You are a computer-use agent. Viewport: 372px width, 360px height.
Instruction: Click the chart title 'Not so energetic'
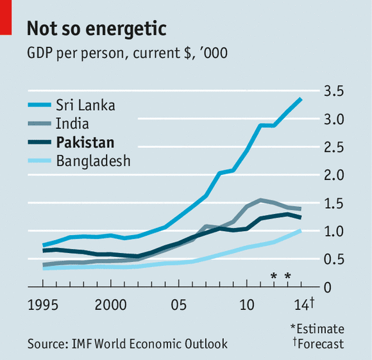coord(97,29)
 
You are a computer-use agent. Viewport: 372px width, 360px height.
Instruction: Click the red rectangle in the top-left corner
coord(6,17)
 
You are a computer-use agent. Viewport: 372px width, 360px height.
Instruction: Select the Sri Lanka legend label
coord(85,105)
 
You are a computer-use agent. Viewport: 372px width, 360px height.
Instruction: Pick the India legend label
coord(72,124)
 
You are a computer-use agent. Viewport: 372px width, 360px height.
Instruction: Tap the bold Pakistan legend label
coord(85,142)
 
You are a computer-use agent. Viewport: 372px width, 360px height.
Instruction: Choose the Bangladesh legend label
coord(93,161)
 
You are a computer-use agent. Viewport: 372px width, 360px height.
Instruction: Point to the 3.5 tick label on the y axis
coord(334,91)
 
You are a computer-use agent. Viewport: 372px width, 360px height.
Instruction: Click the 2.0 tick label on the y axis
coord(334,175)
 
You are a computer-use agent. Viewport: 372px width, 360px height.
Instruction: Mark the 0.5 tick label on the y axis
coord(334,259)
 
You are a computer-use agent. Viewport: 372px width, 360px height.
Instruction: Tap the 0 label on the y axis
coord(327,288)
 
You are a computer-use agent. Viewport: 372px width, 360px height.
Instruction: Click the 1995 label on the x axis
coord(43,305)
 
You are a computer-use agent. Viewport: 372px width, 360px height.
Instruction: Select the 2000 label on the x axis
coord(110,305)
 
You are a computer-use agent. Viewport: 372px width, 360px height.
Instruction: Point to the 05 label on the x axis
coord(179,305)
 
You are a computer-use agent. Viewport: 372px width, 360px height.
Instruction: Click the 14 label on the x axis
coord(301,305)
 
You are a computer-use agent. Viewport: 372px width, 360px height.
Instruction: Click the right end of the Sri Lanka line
coord(301,99)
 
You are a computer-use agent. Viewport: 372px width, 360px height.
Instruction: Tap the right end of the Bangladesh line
coord(301,231)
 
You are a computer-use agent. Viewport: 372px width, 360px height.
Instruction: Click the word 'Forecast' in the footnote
coord(321,344)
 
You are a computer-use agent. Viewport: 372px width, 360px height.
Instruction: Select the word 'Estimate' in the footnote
coord(320,329)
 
